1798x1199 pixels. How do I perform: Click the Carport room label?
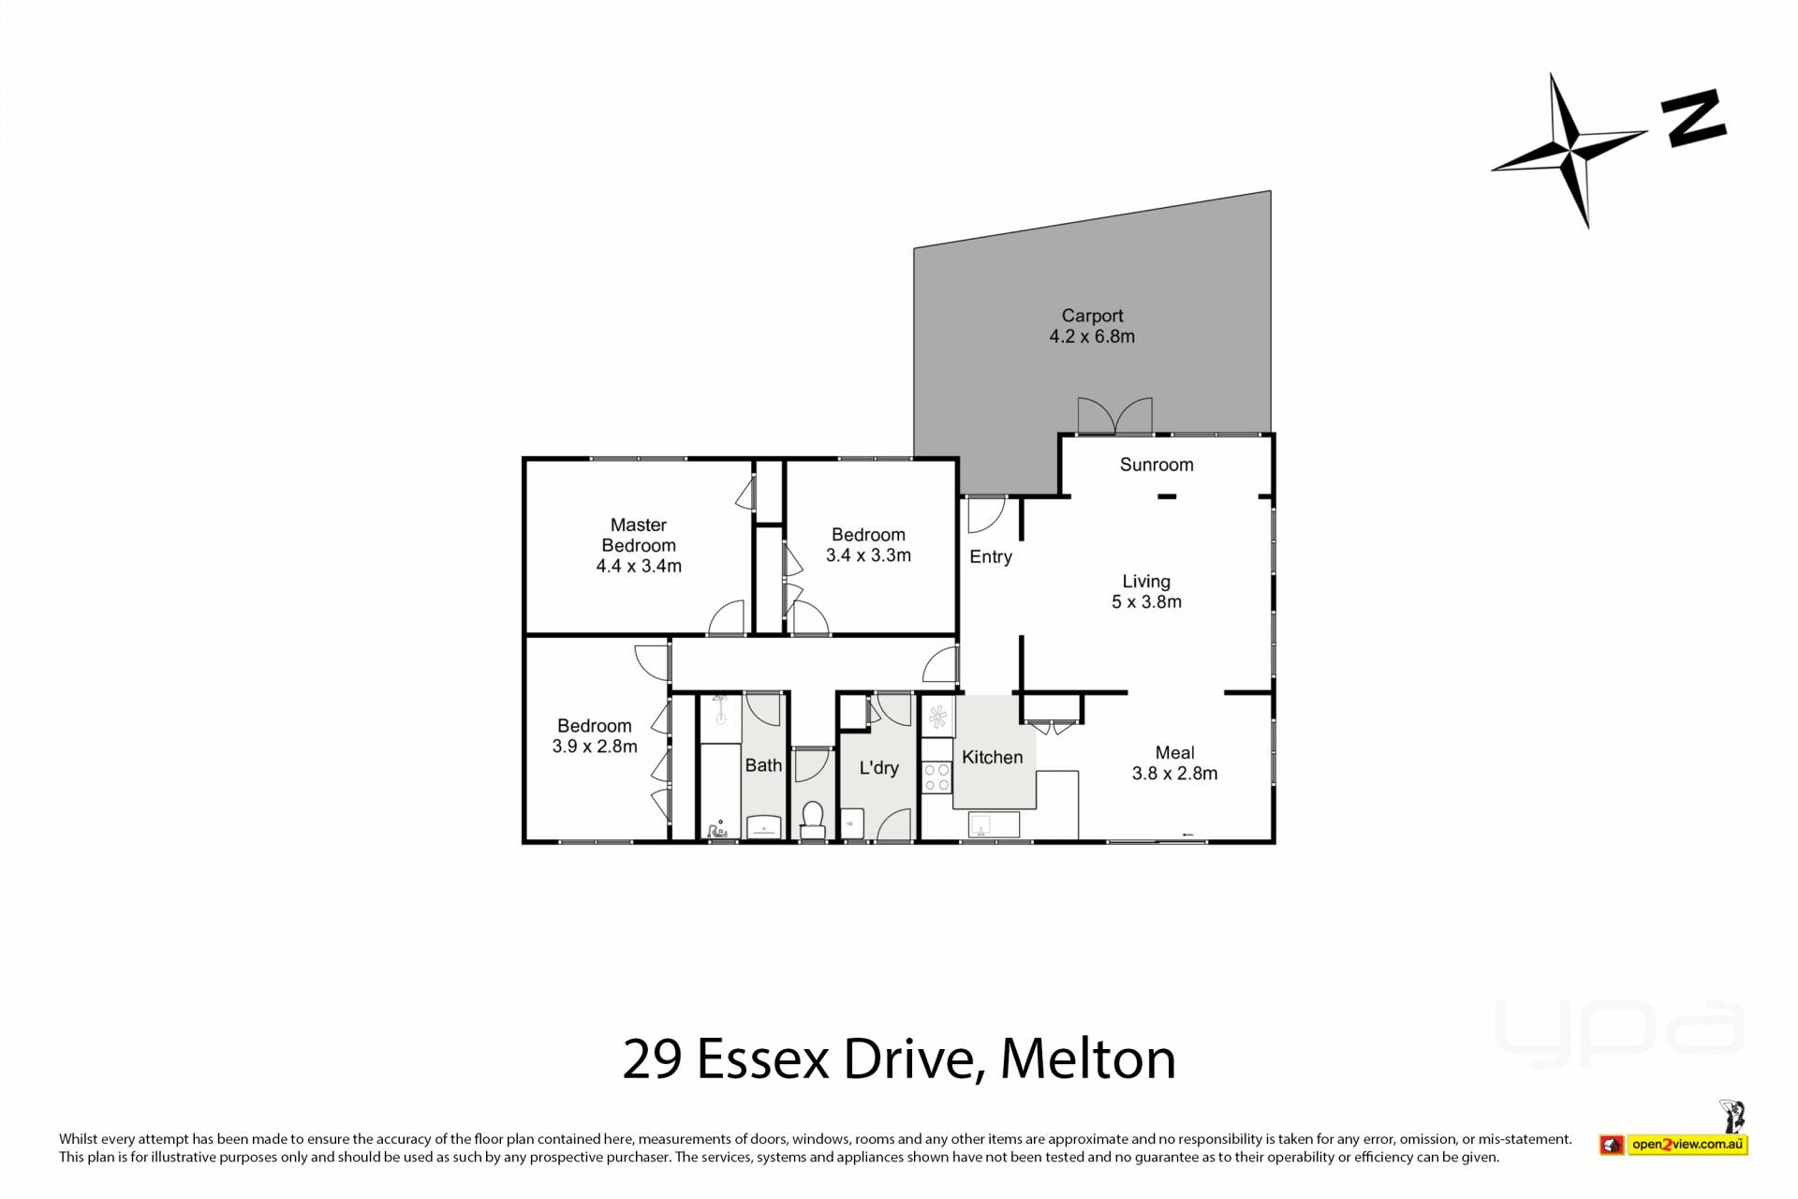[x=1092, y=316]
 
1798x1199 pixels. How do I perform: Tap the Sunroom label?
[x=1157, y=465]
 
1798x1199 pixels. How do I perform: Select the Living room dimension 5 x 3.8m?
[x=1146, y=602]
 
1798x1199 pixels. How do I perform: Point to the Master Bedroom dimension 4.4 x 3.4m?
[x=639, y=566]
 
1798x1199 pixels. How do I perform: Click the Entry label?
[x=991, y=557]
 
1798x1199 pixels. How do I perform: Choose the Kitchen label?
[x=993, y=757]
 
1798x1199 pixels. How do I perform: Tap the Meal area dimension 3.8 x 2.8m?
[x=1174, y=774]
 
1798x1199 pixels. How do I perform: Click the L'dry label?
[x=879, y=768]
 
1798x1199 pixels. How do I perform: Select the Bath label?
[x=763, y=765]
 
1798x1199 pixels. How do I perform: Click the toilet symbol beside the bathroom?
[x=812, y=821]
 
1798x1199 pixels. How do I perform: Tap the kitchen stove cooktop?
[x=936, y=777]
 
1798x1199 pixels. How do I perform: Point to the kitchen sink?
[x=981, y=825]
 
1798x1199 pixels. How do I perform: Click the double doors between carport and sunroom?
[x=1114, y=417]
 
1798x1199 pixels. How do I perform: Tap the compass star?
[x=1570, y=150]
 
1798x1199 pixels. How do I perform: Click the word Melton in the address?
[x=1088, y=1058]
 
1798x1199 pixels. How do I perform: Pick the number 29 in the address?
[x=653, y=1059]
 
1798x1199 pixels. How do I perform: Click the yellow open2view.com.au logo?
[x=1687, y=1145]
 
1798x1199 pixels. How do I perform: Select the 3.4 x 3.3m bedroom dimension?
[x=868, y=555]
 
